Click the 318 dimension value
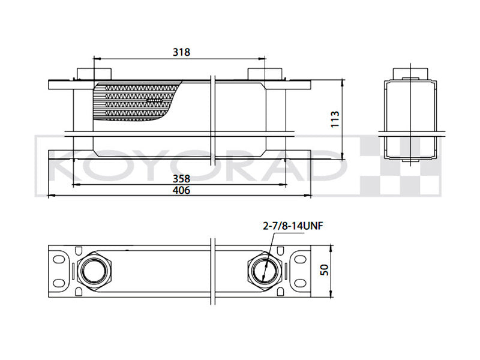(x=181, y=52)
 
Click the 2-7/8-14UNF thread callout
(x=289, y=226)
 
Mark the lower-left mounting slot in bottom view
(x=58, y=284)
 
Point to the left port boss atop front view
(x=84, y=73)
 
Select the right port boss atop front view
(x=265, y=73)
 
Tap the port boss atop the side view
(x=411, y=73)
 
